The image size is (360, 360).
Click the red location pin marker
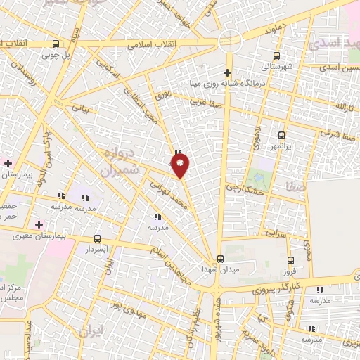click(x=180, y=165)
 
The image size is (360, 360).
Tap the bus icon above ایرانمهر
click(x=282, y=135)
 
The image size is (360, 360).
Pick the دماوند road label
click(x=259, y=32)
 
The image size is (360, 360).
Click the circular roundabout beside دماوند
click(x=230, y=41)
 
